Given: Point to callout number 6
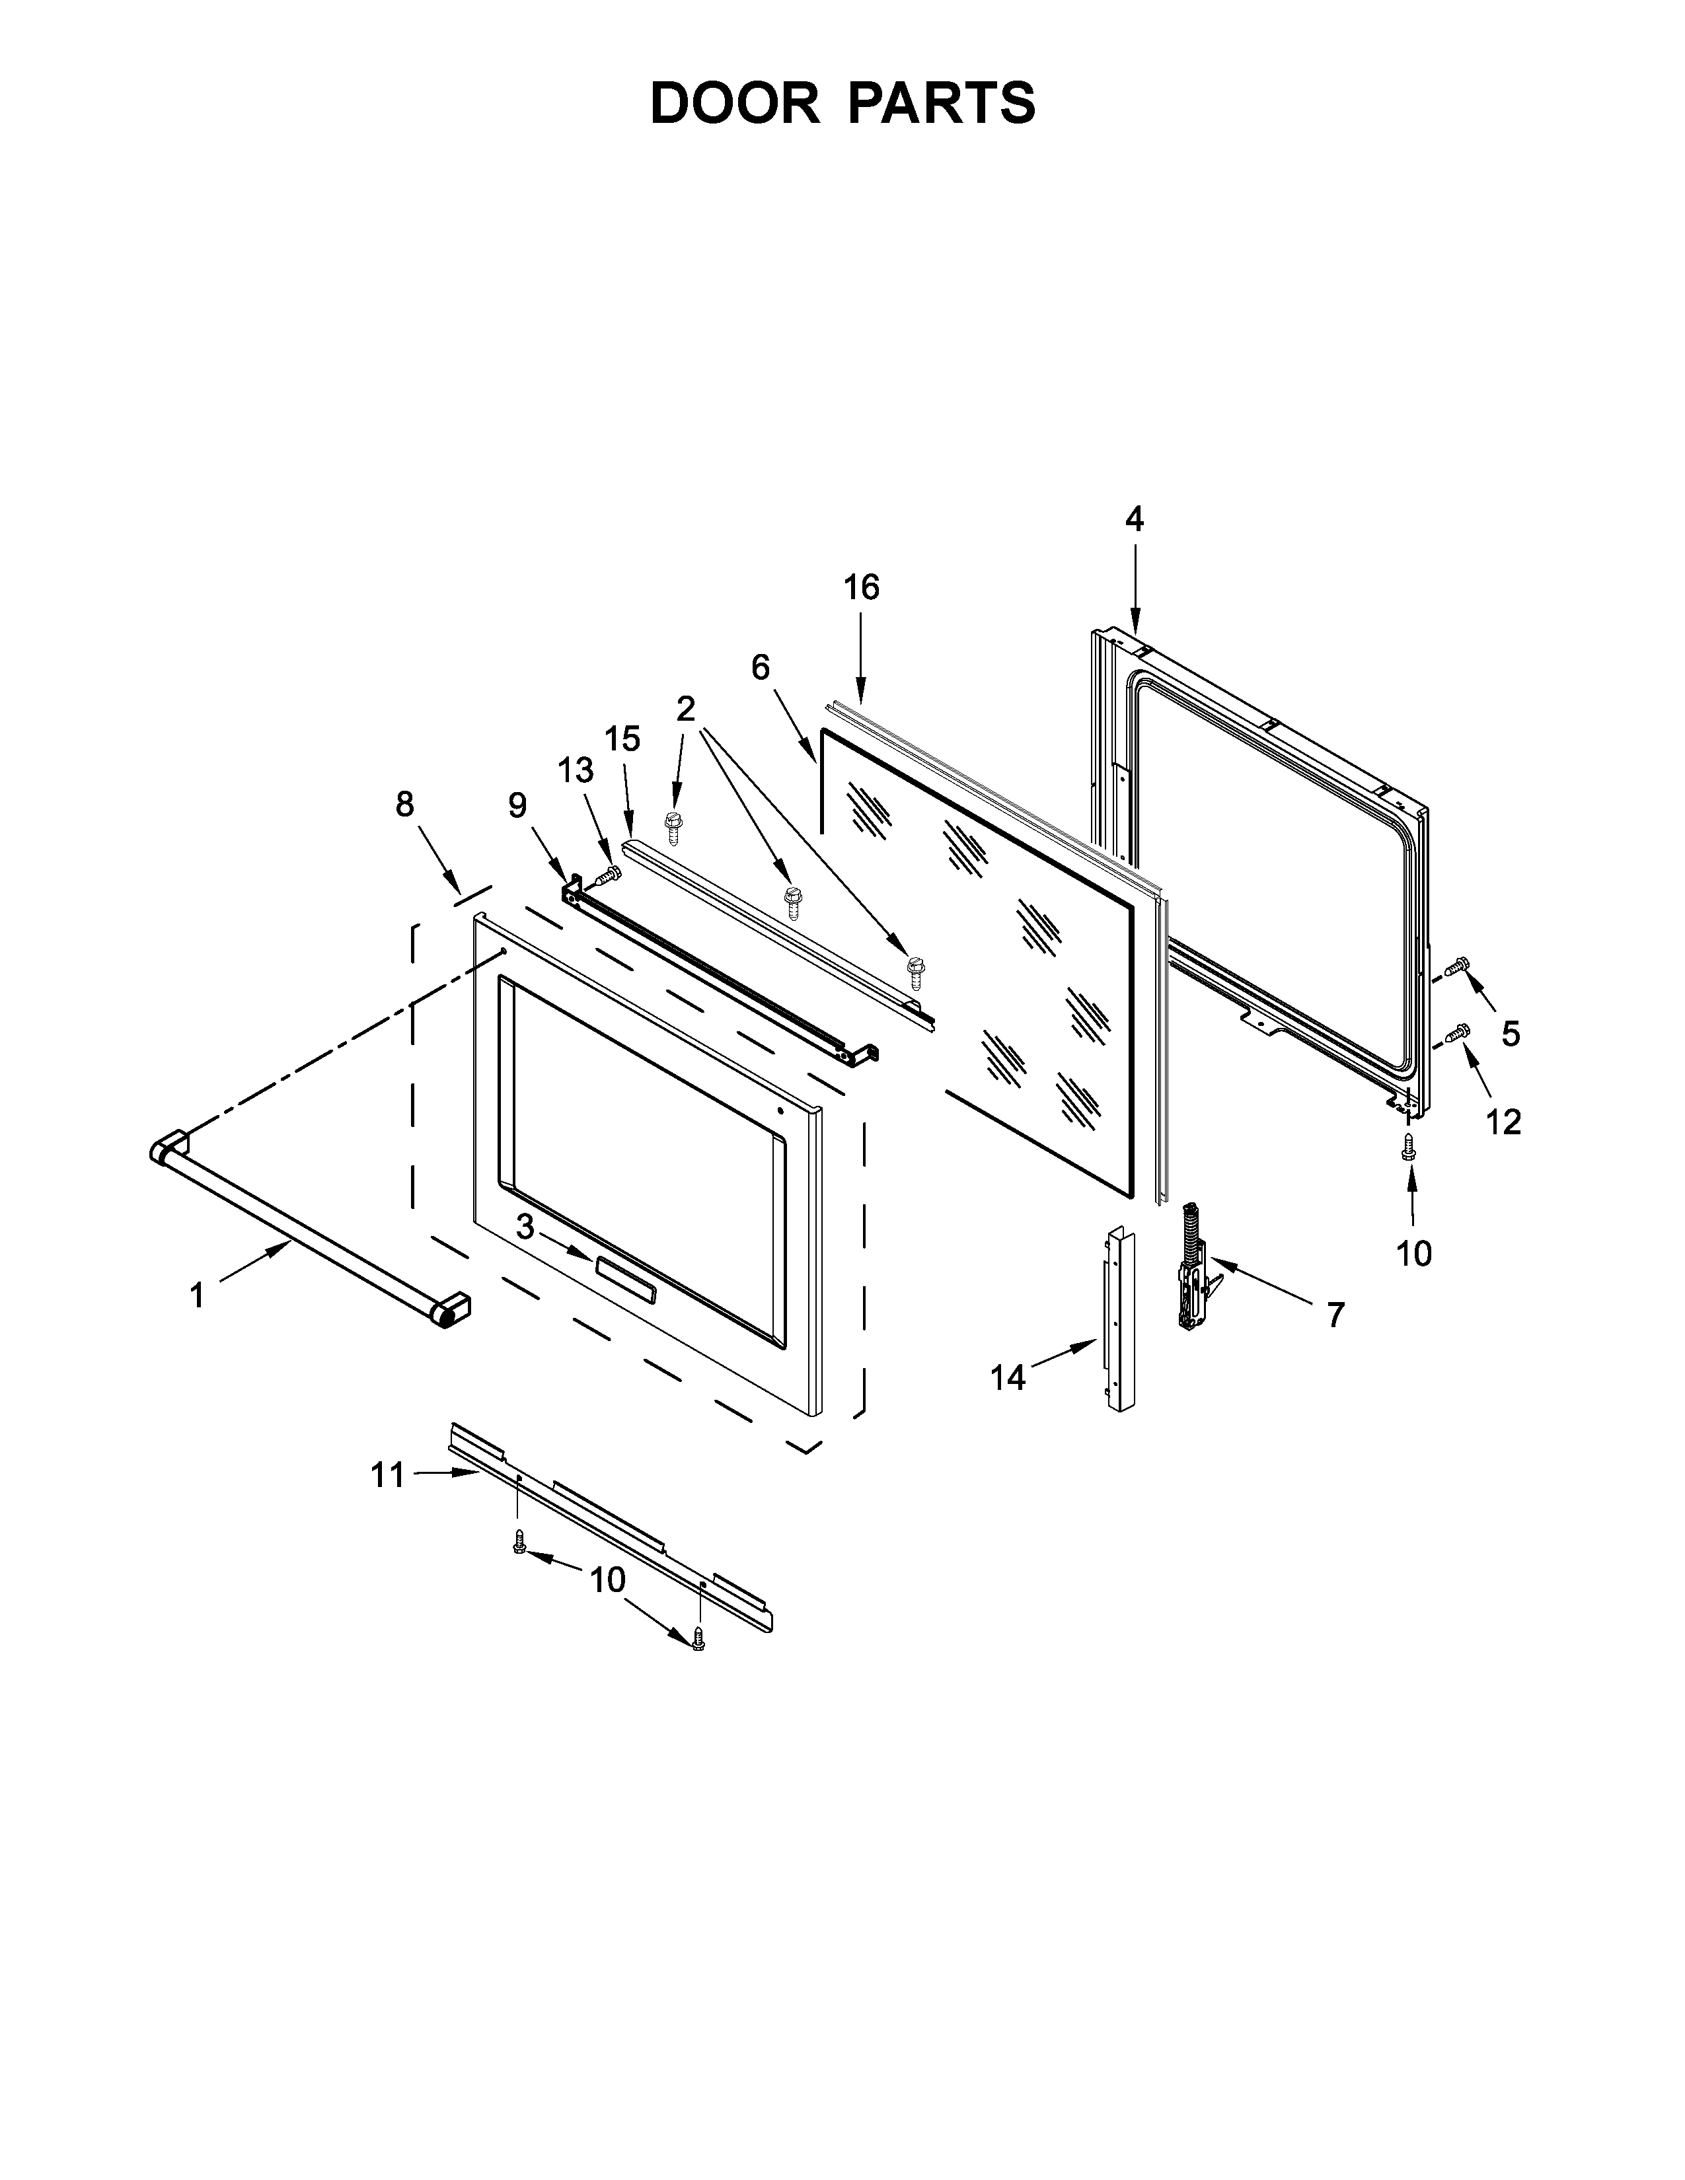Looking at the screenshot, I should click(x=761, y=668).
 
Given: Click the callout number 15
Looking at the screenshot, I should click(x=622, y=740).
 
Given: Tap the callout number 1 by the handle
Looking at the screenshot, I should click(x=198, y=1295).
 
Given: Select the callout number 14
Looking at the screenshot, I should click(x=1008, y=1379).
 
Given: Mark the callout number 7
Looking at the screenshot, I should click(x=1335, y=1315).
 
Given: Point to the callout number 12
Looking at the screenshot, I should click(x=1503, y=1122).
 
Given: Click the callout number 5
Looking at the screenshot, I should click(x=1511, y=1034).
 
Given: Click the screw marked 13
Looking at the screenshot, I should click(x=606, y=877).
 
